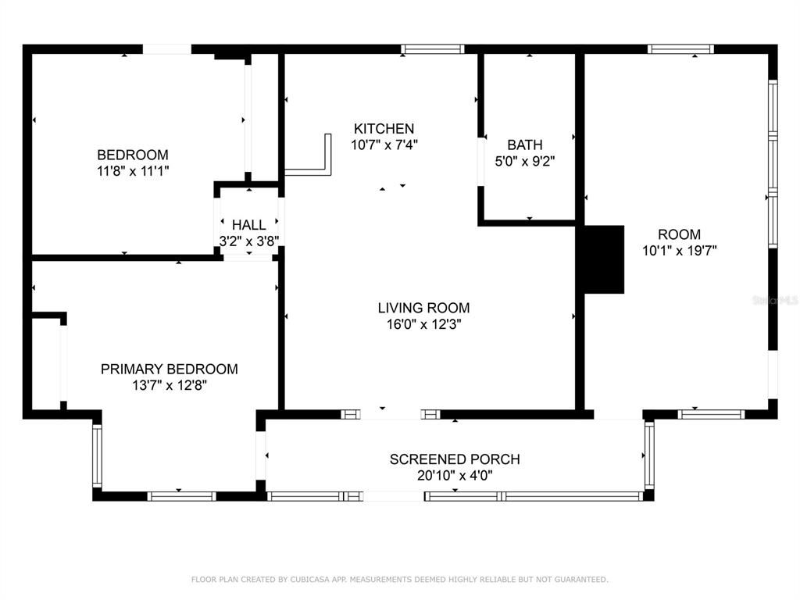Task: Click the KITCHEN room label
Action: (384, 129)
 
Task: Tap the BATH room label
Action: (524, 145)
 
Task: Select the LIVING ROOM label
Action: (423, 308)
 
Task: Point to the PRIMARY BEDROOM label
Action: (169, 369)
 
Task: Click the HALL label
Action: (249, 225)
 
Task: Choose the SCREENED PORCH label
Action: (455, 459)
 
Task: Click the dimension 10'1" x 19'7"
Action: (679, 251)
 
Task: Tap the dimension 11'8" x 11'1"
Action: (133, 171)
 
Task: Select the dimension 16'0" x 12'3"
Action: (423, 324)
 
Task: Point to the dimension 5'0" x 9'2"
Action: (524, 161)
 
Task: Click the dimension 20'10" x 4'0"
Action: (455, 476)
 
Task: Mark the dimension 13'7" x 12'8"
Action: (169, 385)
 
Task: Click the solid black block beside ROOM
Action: (604, 259)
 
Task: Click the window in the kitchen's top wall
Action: (432, 49)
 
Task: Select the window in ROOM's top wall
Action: (680, 49)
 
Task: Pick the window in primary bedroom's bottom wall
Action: (181, 496)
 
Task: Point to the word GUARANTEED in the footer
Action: (581, 580)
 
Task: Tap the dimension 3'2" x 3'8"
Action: (249, 241)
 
